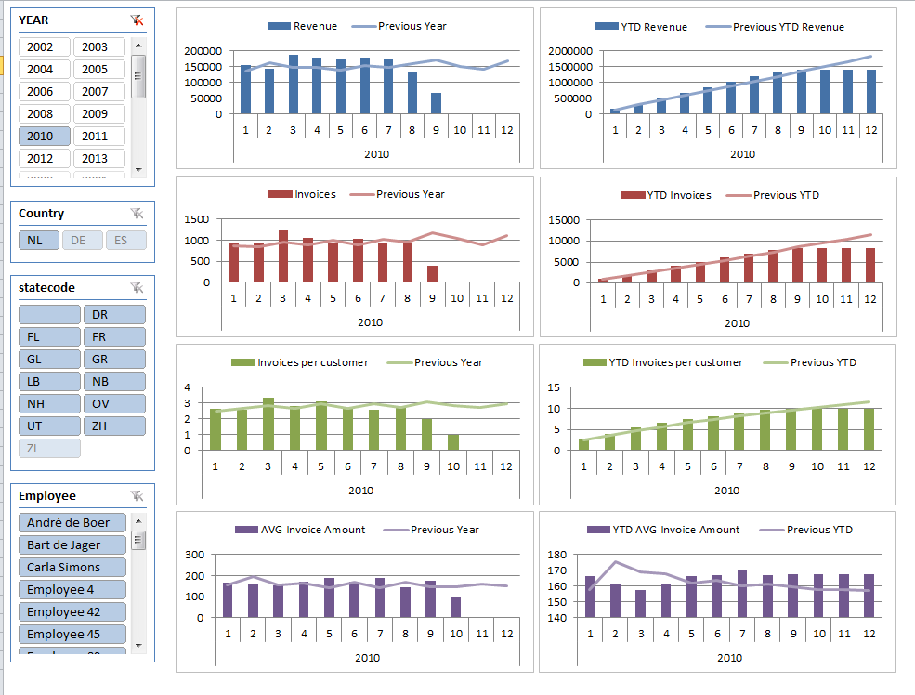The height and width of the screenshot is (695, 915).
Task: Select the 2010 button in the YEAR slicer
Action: click(44, 136)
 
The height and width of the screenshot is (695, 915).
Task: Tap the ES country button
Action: click(125, 240)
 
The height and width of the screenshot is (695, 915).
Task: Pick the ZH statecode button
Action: click(114, 426)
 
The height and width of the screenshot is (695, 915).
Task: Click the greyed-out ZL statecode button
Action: click(49, 448)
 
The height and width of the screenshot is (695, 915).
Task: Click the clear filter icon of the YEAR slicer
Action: click(137, 20)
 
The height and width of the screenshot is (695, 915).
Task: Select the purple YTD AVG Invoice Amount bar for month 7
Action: click(742, 594)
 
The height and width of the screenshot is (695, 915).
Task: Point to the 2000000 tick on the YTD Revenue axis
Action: click(570, 51)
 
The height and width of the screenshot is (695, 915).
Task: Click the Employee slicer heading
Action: click(47, 496)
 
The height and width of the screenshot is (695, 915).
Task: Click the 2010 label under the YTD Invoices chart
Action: click(738, 323)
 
